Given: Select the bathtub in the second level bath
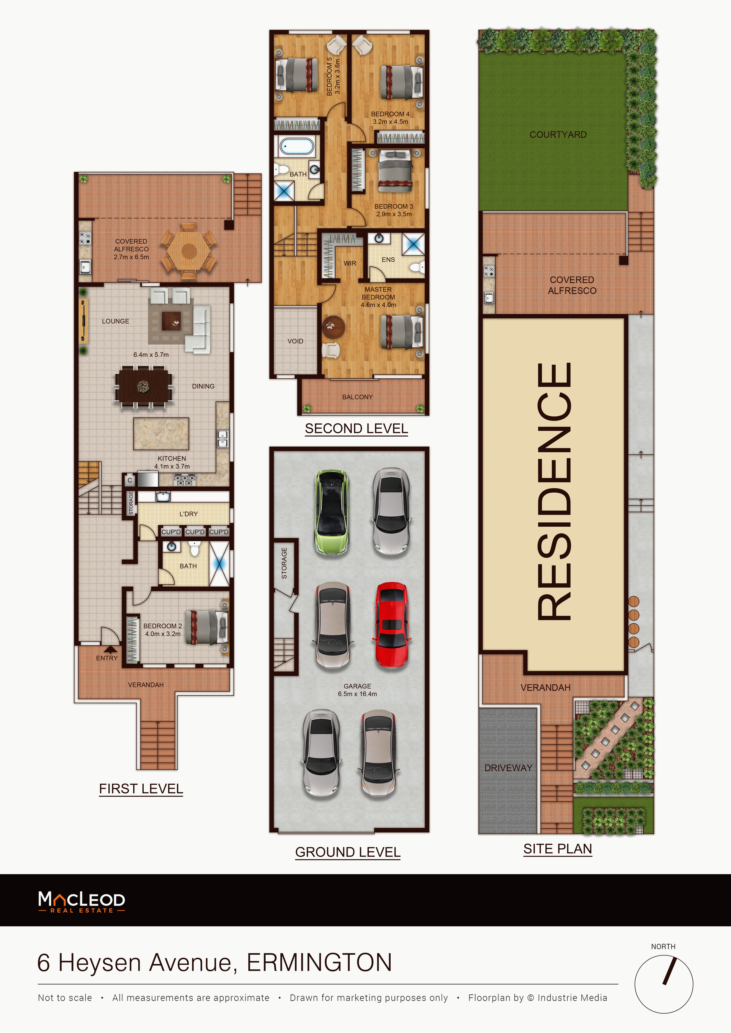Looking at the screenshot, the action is pyautogui.click(x=297, y=147).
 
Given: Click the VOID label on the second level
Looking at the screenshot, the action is pyautogui.click(x=295, y=341).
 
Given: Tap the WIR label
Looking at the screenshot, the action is pyautogui.click(x=350, y=263).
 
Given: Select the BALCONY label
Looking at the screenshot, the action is pyautogui.click(x=358, y=397).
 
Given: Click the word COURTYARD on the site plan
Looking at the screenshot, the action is pyautogui.click(x=558, y=134).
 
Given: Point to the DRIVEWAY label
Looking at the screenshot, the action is pyautogui.click(x=508, y=768).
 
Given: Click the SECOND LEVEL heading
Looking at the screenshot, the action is pyautogui.click(x=356, y=429).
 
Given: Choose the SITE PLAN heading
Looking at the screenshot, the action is pyautogui.click(x=558, y=849).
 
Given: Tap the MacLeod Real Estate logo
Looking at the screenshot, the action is pyautogui.click(x=82, y=902).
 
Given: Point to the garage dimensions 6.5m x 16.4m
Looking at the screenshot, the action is pyautogui.click(x=358, y=694).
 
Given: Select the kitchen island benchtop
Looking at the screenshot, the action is pyautogui.click(x=161, y=434).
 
